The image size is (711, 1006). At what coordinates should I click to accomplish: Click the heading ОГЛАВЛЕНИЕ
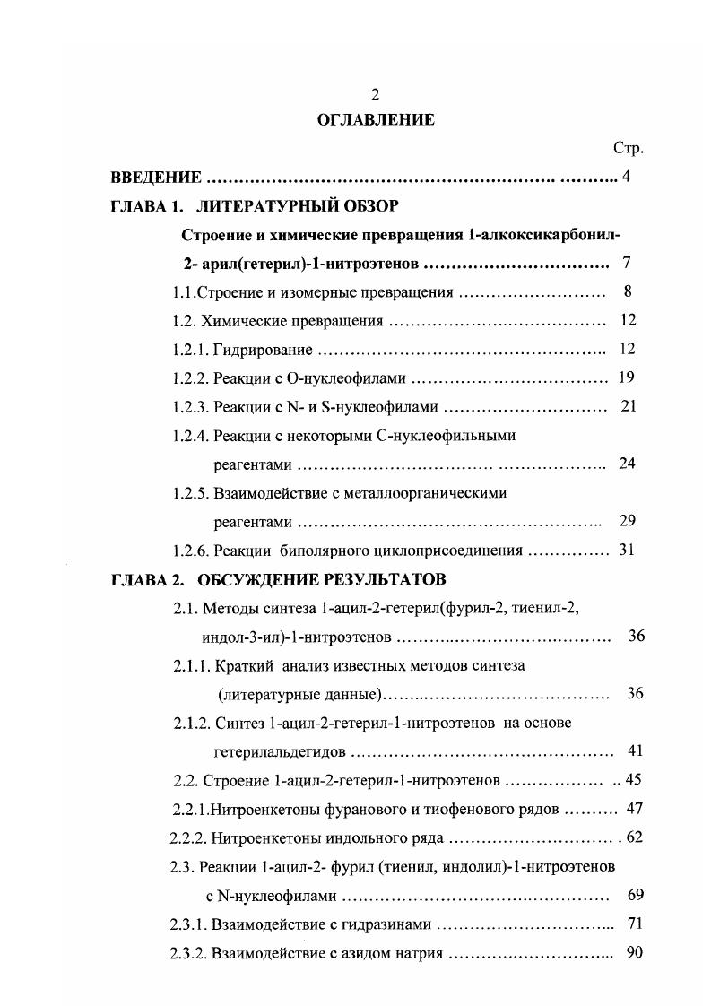(x=376, y=119)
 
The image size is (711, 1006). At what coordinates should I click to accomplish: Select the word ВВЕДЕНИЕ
(x=150, y=177)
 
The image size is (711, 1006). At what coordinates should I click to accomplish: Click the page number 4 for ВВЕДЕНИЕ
(x=626, y=177)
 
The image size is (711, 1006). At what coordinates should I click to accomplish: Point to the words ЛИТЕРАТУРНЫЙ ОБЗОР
(x=297, y=205)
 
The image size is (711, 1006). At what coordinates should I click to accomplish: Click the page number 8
(x=627, y=291)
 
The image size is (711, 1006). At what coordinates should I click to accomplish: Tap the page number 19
(x=627, y=377)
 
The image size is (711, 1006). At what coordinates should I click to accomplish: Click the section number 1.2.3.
(x=190, y=406)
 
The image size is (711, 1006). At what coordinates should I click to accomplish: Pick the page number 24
(x=627, y=464)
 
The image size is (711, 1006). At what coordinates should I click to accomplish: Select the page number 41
(x=635, y=750)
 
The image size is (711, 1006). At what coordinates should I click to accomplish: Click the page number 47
(x=635, y=808)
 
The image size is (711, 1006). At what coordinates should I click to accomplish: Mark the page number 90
(x=635, y=952)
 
